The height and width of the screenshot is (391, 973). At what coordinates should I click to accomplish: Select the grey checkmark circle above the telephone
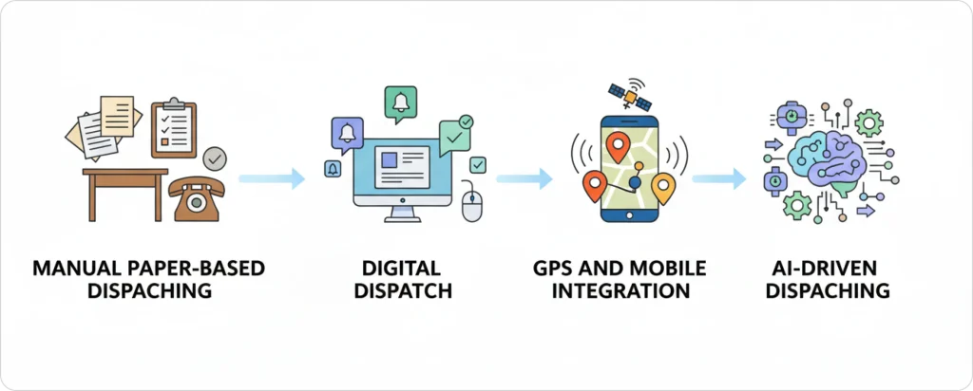[x=216, y=157]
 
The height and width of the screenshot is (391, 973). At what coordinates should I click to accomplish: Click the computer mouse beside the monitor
[x=472, y=203]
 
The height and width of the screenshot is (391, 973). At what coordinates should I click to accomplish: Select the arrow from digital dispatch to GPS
[x=524, y=177]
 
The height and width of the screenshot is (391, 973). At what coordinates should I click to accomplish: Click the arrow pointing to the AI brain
[x=720, y=177]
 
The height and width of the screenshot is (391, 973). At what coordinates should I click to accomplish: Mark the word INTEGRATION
[x=622, y=291]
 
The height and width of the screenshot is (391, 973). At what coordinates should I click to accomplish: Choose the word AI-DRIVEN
[x=825, y=269]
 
